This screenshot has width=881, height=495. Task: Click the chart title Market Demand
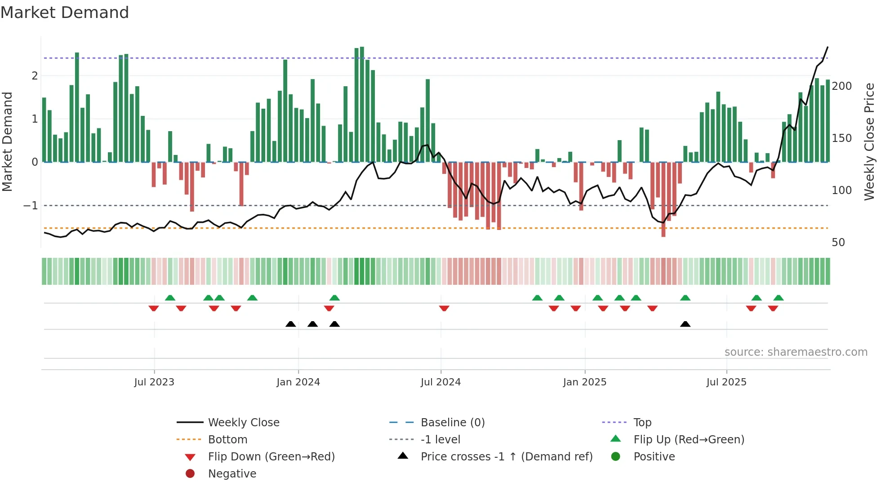click(x=65, y=13)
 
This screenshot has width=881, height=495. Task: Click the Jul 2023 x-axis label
click(x=154, y=382)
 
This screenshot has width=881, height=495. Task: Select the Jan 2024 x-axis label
click(x=298, y=382)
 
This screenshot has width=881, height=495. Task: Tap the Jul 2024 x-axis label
click(x=440, y=382)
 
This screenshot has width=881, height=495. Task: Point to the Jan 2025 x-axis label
click(x=584, y=382)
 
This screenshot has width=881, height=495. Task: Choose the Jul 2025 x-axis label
click(x=726, y=382)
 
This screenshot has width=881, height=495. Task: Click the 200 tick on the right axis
click(x=841, y=86)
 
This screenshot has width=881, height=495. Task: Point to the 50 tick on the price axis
click(x=838, y=243)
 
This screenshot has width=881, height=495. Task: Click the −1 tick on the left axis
click(x=31, y=206)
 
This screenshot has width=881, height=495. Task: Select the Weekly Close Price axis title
click(x=869, y=141)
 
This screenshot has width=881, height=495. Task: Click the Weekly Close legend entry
click(x=244, y=423)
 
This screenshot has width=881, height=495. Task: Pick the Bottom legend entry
click(x=227, y=440)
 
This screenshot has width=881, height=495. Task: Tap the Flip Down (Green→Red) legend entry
click(x=271, y=457)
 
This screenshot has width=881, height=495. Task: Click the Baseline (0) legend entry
click(x=453, y=423)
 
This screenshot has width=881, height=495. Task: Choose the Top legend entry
click(x=642, y=423)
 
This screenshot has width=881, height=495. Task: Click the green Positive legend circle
click(x=616, y=457)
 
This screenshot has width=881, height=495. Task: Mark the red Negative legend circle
click(x=190, y=474)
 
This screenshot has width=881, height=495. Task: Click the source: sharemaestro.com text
click(x=796, y=352)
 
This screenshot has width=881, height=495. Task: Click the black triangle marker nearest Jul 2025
click(x=685, y=324)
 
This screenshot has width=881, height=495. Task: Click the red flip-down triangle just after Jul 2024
click(x=444, y=308)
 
